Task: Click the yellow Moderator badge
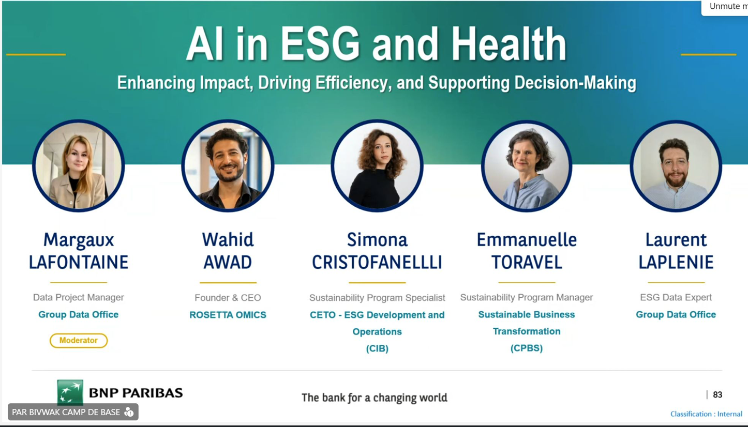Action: tap(79, 340)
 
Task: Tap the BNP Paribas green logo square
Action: tap(70, 392)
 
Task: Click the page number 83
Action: tap(717, 394)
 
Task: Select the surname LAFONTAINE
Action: tap(79, 262)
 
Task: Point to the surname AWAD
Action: tap(228, 262)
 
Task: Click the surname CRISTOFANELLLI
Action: tap(377, 262)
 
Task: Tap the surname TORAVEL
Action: tap(527, 262)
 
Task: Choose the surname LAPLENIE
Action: tap(676, 262)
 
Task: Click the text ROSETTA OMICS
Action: tap(228, 315)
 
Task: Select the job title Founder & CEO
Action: tap(228, 298)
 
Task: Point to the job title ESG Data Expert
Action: tap(676, 297)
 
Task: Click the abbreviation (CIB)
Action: tap(377, 348)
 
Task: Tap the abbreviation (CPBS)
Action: tap(527, 348)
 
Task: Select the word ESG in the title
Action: tap(320, 44)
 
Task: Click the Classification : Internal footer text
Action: tap(706, 414)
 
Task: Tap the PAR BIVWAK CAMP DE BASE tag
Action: tap(73, 412)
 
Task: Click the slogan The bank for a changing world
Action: tap(375, 398)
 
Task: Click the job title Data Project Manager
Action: tap(79, 297)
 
